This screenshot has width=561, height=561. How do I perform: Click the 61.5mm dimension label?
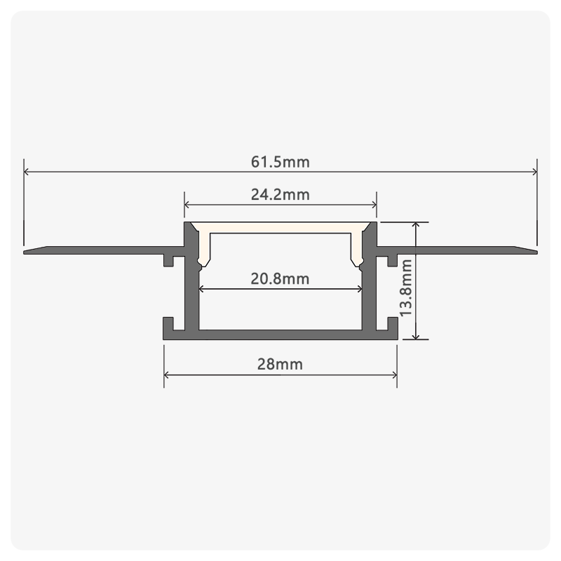pos(280,162)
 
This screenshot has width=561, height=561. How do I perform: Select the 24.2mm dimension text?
pos(280,195)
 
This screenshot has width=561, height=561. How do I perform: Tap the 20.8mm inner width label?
pos(280,278)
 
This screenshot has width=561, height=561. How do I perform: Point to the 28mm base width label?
pos(280,364)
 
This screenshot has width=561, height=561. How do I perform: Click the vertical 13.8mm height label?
pos(406,288)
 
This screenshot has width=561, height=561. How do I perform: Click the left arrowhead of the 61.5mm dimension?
pos(26,172)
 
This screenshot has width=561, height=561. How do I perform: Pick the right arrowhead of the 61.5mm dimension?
pos(534,172)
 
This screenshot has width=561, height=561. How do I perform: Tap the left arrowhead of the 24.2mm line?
pos(187,205)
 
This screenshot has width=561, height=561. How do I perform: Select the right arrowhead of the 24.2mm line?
pos(374,205)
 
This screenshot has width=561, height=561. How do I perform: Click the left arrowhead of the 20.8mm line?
pos(201,289)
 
